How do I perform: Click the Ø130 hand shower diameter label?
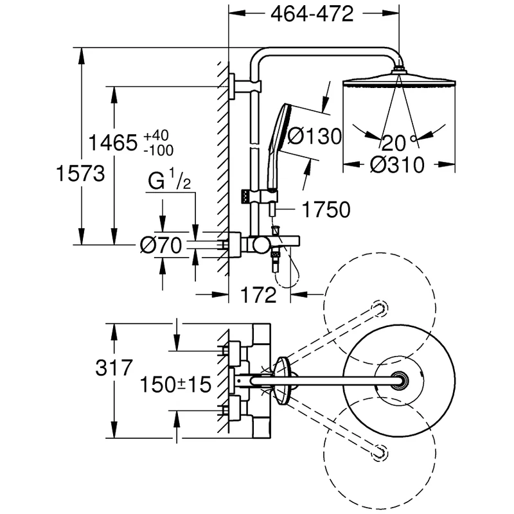coord(314,136)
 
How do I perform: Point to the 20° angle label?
coord(396,142)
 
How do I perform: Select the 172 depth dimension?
coord(260,295)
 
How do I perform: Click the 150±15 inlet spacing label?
coord(176,385)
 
